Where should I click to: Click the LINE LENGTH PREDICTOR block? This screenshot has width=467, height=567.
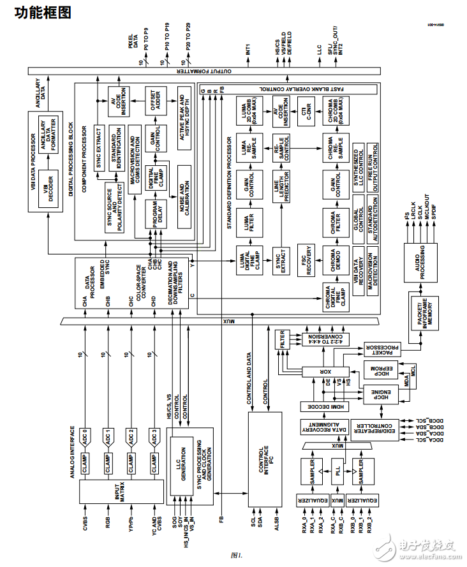[281, 188]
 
